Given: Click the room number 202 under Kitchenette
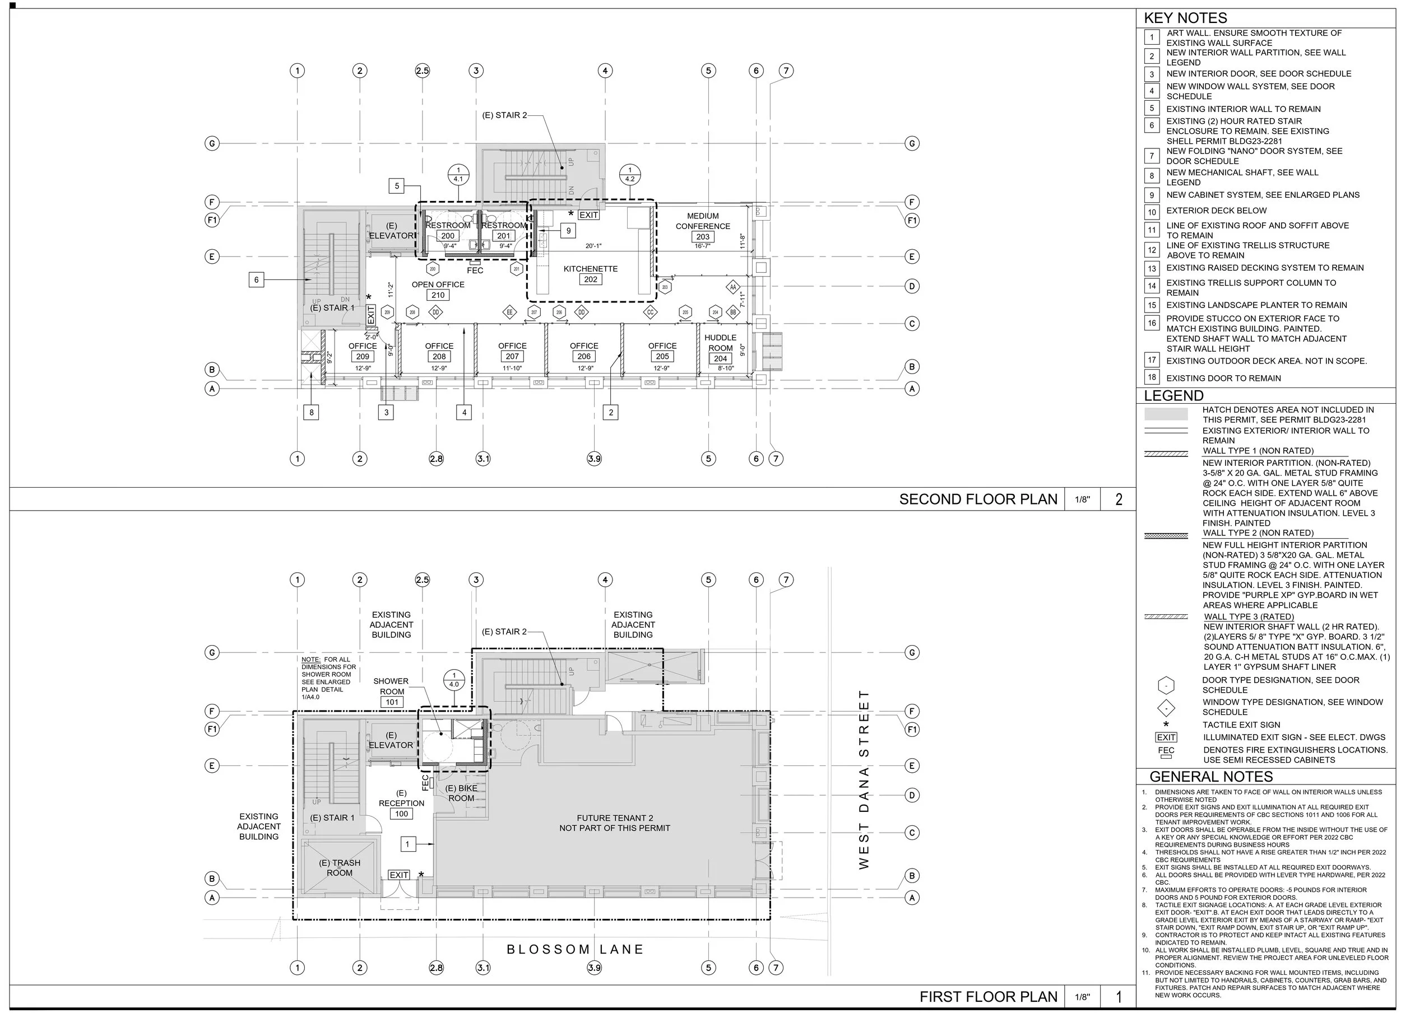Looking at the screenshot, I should [591, 279].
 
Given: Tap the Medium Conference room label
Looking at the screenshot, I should [702, 221].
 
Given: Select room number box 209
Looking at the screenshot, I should [363, 357].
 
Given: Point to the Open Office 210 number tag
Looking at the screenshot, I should [438, 295].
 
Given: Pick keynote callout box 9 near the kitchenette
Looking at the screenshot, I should [568, 231].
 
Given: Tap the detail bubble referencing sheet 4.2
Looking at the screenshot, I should [629, 175].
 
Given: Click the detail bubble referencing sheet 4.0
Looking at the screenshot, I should [454, 680].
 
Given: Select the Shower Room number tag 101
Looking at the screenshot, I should [392, 702].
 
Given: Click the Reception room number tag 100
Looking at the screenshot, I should [401, 814].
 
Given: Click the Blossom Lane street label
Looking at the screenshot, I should [575, 950].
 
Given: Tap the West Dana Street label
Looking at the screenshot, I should [864, 779].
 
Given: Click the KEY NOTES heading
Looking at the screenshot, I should [1185, 18].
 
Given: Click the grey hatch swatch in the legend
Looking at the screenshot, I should [1166, 414].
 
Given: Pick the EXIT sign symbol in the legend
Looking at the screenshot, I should [1166, 737].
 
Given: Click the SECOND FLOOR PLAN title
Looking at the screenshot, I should [978, 499].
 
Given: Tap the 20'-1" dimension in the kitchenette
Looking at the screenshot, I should [593, 246].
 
